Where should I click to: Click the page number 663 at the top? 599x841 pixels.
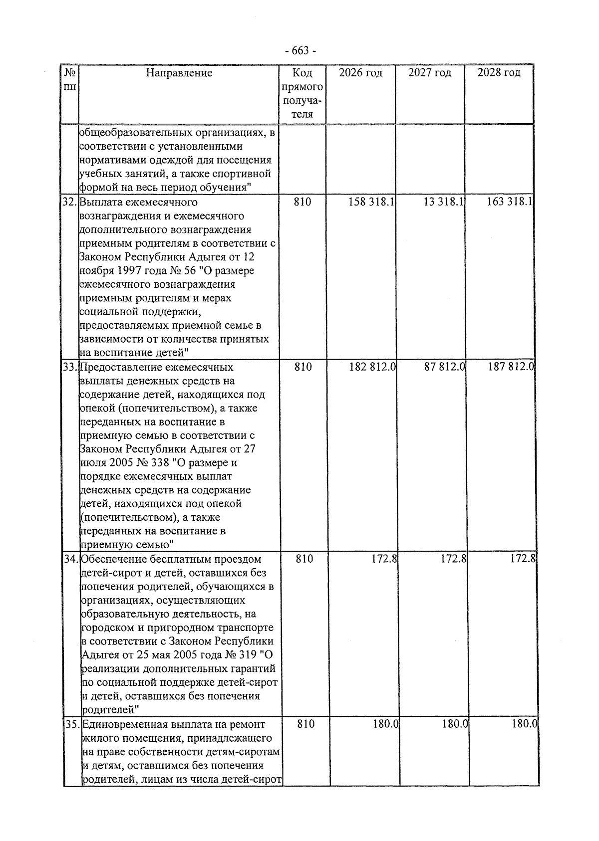pyautogui.click(x=299, y=51)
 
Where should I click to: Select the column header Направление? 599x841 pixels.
pyautogui.click(x=179, y=73)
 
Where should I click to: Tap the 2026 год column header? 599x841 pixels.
pyautogui.click(x=360, y=73)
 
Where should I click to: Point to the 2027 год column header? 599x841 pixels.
pyautogui.click(x=429, y=73)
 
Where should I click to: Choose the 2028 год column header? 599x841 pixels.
pyautogui.click(x=499, y=73)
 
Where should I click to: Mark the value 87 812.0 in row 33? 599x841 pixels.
pyautogui.click(x=445, y=367)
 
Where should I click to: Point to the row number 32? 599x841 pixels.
pyautogui.click(x=69, y=202)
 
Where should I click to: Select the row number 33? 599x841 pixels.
pyautogui.click(x=70, y=367)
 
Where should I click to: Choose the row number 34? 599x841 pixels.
pyautogui.click(x=71, y=559)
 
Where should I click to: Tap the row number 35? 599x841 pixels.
pyautogui.click(x=72, y=724)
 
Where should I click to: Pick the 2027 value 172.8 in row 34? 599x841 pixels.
pyautogui.click(x=453, y=559)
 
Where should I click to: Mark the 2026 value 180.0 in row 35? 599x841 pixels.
pyautogui.click(x=385, y=724)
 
